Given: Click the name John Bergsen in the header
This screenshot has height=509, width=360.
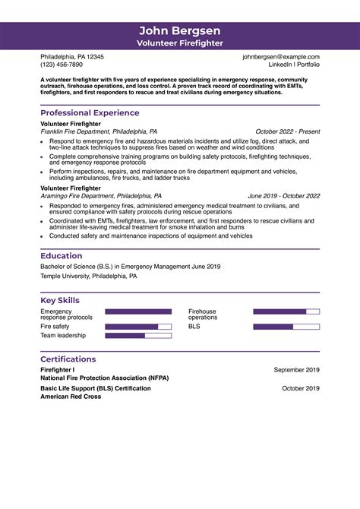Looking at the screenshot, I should pyautogui.click(x=180, y=30).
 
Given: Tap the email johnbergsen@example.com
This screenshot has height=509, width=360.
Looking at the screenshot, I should pyautogui.click(x=281, y=57).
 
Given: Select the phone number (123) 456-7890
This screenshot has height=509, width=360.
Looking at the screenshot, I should pyautogui.click(x=62, y=65).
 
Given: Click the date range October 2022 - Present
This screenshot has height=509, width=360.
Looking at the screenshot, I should pyautogui.click(x=288, y=131).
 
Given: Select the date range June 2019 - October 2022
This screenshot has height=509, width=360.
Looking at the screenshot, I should pyautogui.click(x=284, y=195).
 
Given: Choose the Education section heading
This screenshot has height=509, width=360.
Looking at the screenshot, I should pyautogui.click(x=61, y=256).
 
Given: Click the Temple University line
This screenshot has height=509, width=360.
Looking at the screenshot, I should pyautogui.click(x=89, y=277).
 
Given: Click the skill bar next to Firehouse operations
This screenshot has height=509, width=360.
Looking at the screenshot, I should pyautogui.click(x=286, y=311).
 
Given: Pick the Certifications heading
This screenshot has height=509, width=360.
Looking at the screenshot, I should pyautogui.click(x=68, y=359).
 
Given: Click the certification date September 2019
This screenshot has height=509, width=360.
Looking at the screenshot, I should pyautogui.click(x=297, y=370).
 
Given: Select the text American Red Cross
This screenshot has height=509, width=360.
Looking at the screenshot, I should pyautogui.click(x=71, y=397).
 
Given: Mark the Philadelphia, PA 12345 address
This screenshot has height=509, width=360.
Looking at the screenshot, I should pyautogui.click(x=72, y=57).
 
